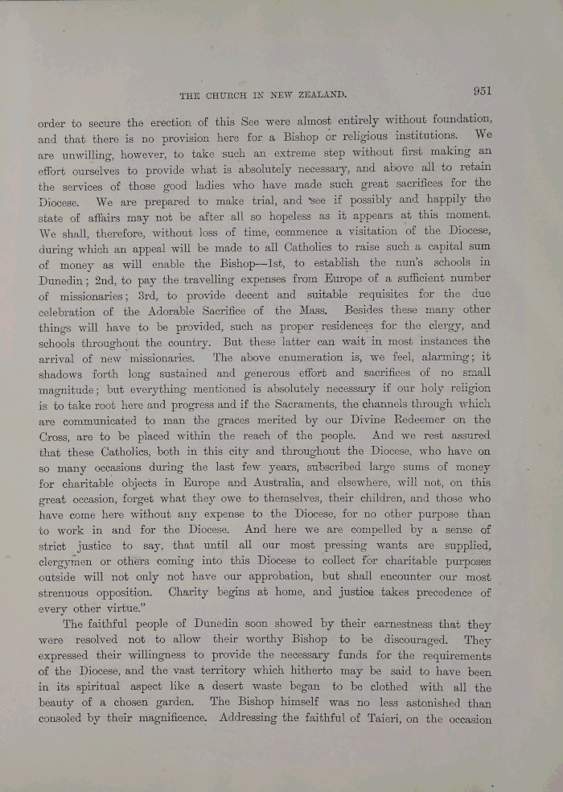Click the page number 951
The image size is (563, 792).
pos(487,91)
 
